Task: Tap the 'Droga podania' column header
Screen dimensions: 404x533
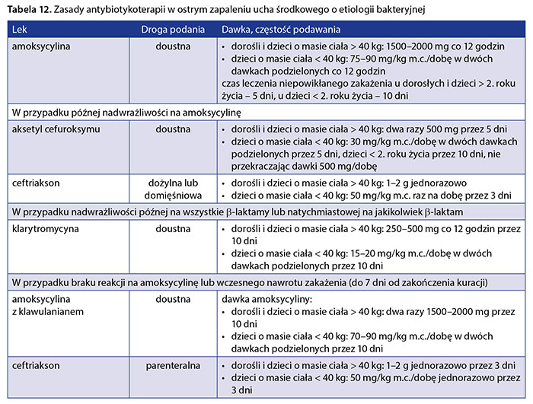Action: click(x=173, y=30)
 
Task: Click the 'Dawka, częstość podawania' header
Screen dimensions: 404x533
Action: click(x=281, y=30)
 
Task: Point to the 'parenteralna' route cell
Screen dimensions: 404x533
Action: click(x=173, y=366)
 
